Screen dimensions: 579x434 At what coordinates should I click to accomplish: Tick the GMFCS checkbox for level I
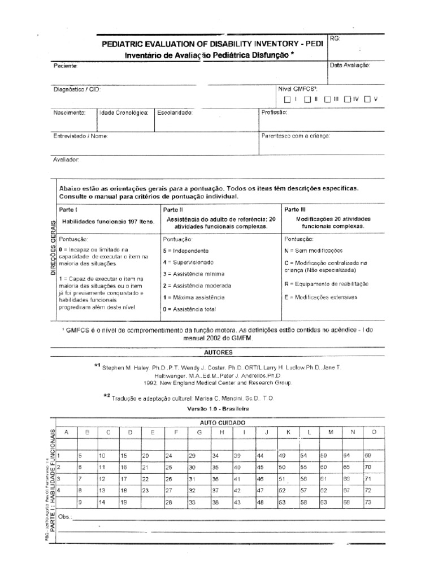click(287, 100)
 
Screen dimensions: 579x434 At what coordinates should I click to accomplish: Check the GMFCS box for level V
click(367, 100)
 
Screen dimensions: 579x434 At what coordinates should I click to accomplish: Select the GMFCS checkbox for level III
click(328, 100)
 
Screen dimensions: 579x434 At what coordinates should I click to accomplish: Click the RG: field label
click(334, 38)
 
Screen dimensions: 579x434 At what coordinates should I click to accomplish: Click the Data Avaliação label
click(350, 66)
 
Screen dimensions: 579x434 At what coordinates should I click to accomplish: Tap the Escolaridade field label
click(175, 113)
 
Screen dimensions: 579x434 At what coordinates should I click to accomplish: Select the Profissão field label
click(275, 113)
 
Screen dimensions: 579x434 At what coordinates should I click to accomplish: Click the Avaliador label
click(67, 159)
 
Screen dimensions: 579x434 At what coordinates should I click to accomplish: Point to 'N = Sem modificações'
click(314, 250)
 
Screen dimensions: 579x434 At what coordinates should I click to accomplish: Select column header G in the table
click(198, 432)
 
